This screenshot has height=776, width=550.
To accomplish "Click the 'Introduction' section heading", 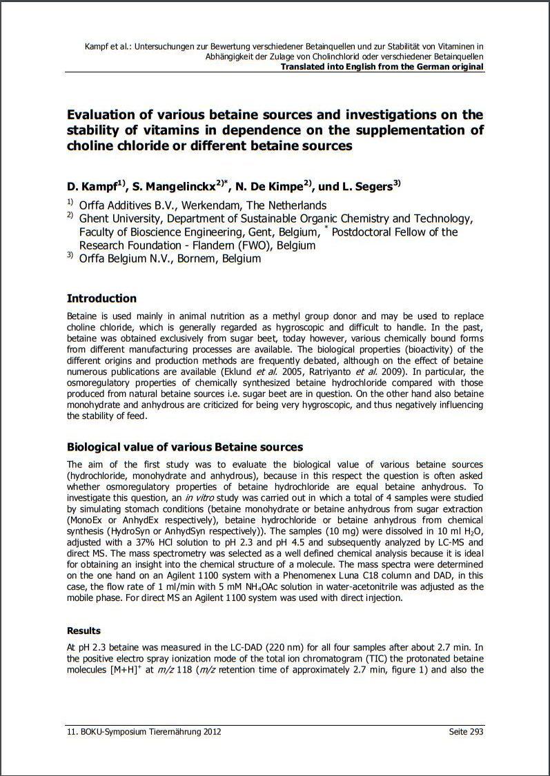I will (x=101, y=298).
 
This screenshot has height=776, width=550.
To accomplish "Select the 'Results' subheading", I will (x=84, y=631).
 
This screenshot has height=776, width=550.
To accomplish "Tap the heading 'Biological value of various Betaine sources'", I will (x=184, y=447).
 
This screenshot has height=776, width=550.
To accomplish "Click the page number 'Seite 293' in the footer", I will (x=466, y=732).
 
